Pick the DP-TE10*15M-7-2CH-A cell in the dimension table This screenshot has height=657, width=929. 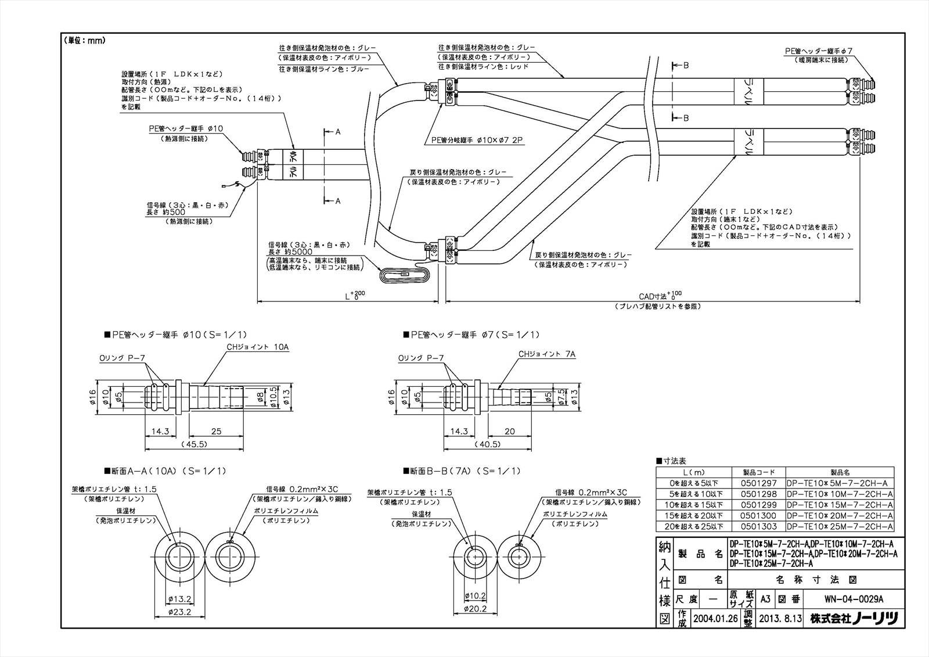click(839, 505)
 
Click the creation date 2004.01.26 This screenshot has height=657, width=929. click(715, 619)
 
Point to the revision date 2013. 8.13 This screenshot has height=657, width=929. click(780, 619)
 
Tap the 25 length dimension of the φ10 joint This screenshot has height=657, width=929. click(216, 431)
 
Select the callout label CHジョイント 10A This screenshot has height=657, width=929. click(257, 347)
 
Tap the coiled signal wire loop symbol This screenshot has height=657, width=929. click(405, 275)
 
